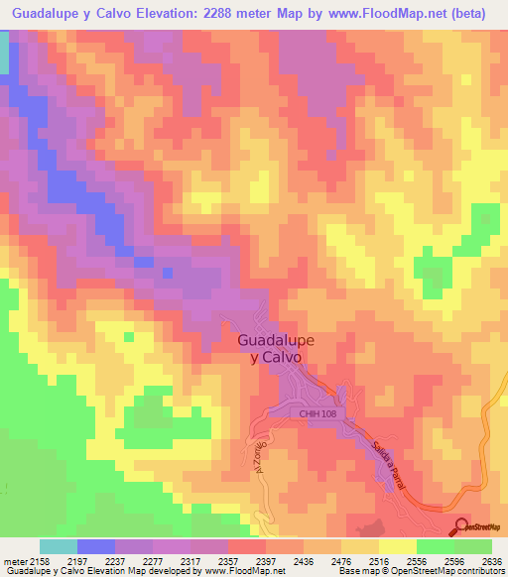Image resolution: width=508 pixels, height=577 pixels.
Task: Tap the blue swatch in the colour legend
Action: point(96,546)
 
